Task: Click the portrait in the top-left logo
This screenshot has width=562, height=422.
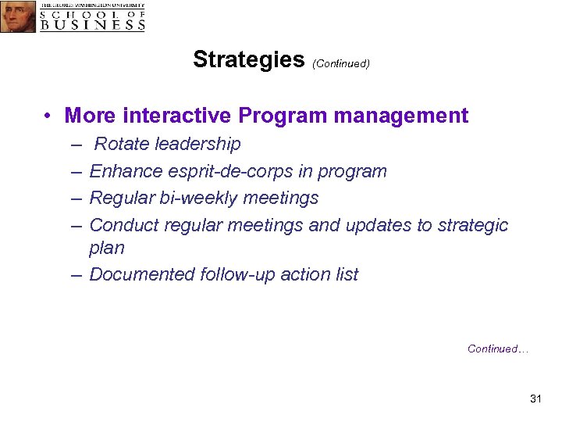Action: [x=18, y=16]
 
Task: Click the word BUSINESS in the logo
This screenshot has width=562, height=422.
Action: [x=93, y=24]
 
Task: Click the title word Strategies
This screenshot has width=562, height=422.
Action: [x=248, y=59]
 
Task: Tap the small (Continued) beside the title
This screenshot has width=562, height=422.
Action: [x=340, y=63]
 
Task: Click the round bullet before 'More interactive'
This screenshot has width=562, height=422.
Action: [x=48, y=116]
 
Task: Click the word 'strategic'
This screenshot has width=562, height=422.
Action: [x=473, y=225]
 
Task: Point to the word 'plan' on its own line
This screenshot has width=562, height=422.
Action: [x=107, y=248]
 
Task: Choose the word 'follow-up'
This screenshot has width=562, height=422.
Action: [x=240, y=274]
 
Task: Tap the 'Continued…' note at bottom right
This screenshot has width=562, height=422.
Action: [x=498, y=349]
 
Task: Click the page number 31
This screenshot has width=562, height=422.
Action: [x=535, y=399]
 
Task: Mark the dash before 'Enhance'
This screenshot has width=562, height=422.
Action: [x=76, y=171]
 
